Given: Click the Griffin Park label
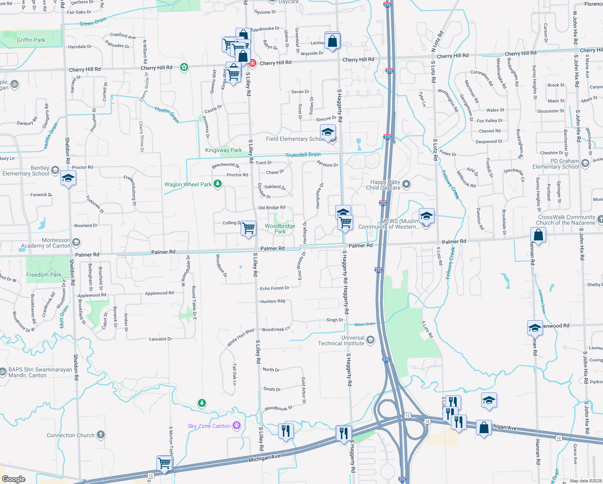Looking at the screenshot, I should (31, 40).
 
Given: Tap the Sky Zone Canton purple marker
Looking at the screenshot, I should (237, 426).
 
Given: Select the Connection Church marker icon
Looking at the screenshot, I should (101, 435).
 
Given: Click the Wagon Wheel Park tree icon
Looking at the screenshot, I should (218, 184).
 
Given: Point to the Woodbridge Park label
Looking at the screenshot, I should (280, 229).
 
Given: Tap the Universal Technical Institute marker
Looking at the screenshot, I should (370, 340).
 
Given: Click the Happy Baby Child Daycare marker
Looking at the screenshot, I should (406, 185).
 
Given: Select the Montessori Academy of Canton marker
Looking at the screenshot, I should (76, 242).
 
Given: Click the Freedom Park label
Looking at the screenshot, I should (44, 275).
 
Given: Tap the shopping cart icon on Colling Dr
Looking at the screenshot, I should (249, 227).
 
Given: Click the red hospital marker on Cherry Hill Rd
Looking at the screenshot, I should (252, 63).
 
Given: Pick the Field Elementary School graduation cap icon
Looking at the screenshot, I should (328, 132).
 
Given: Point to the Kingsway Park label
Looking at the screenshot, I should (223, 150).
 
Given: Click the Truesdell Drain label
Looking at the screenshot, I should (303, 155).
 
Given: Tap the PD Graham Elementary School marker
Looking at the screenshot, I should (585, 163).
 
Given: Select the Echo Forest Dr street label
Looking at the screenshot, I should (274, 288).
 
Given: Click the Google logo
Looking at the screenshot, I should (14, 479).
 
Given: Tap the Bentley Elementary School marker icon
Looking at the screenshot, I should (55, 170).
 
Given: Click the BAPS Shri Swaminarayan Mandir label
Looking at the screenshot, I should (40, 372).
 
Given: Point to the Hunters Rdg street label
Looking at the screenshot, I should (272, 301).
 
